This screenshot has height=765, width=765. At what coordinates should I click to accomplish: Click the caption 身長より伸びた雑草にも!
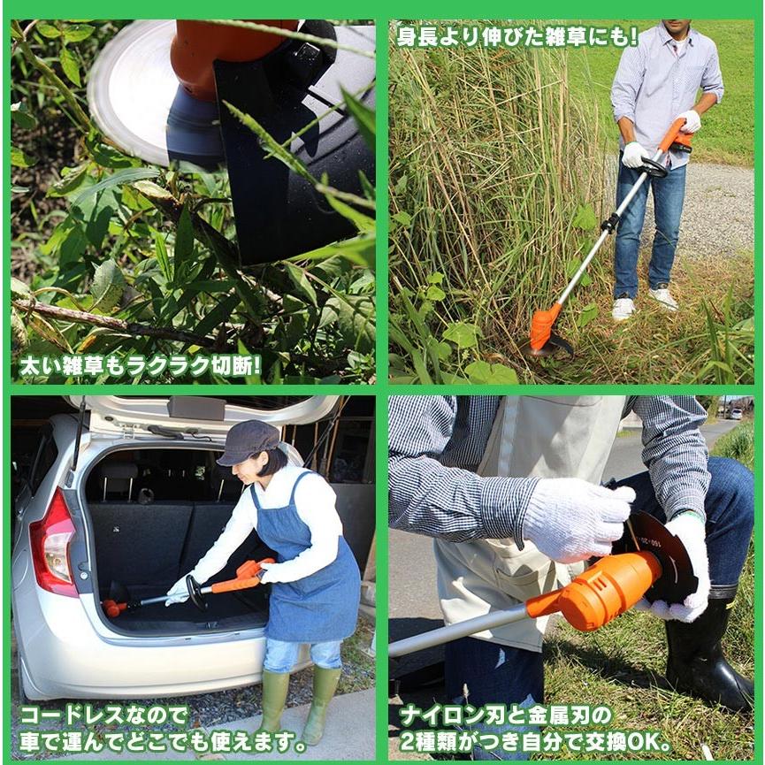(517, 36)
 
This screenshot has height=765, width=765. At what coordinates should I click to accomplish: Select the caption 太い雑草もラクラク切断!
(140, 364)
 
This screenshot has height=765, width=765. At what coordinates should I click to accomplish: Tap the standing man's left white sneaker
(623, 308)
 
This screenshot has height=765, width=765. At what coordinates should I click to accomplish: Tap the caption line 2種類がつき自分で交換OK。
(536, 741)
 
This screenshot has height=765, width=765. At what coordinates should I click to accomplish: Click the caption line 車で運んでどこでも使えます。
(164, 741)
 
